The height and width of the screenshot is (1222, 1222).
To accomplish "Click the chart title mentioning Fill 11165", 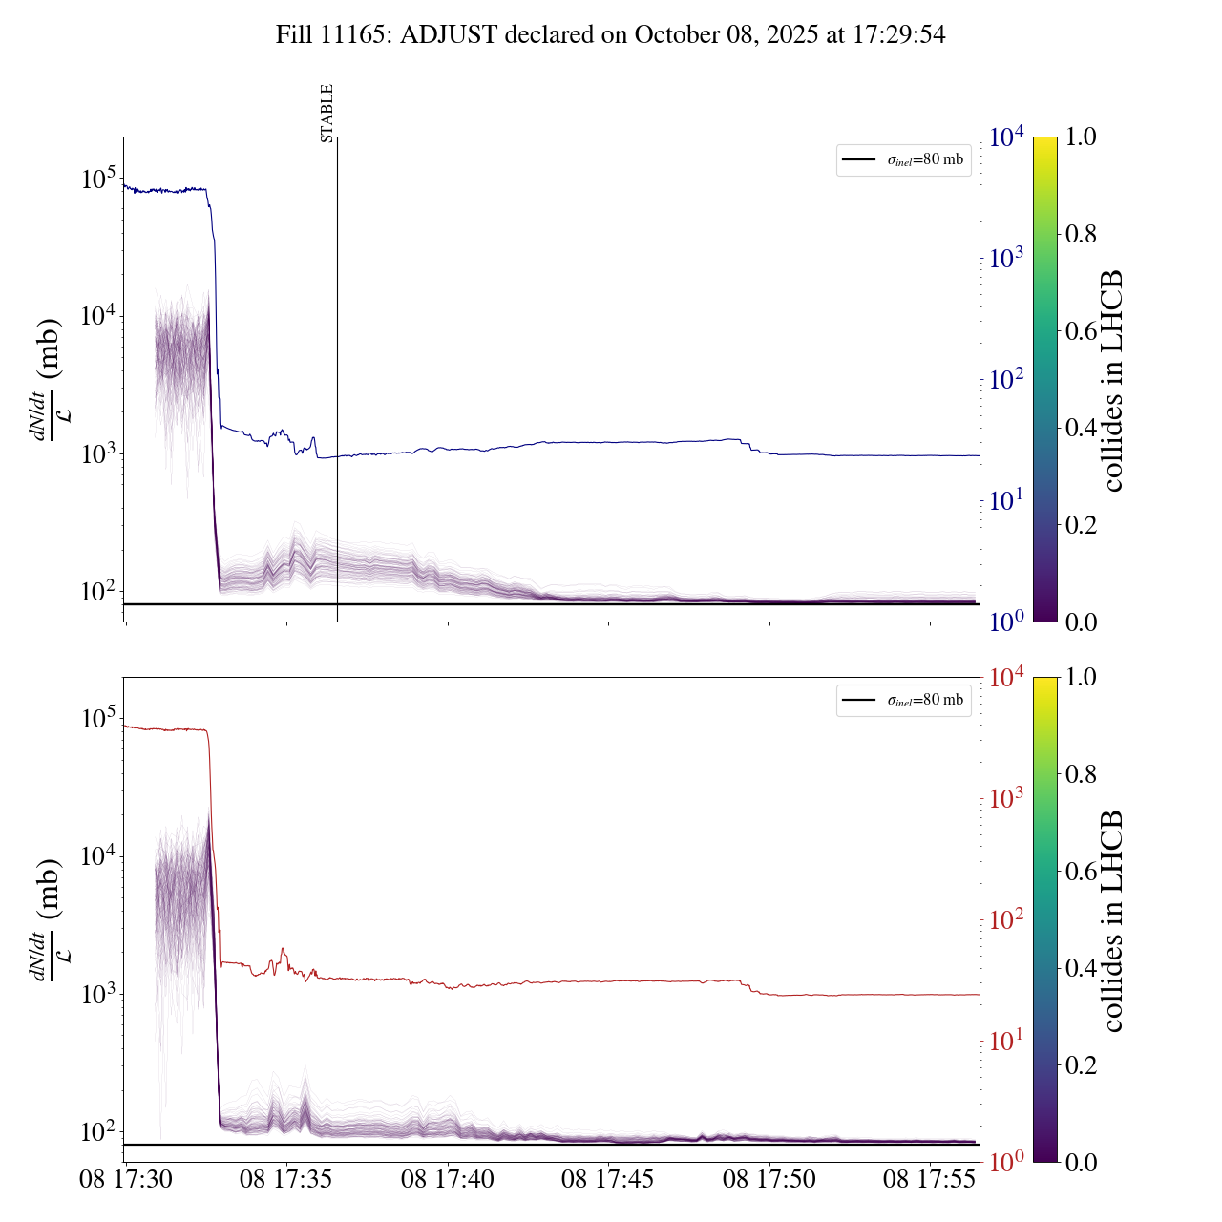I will tap(611, 35).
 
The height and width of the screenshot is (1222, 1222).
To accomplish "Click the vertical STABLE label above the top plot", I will tap(327, 114).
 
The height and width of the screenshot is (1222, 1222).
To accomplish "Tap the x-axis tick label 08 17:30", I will tap(126, 1180).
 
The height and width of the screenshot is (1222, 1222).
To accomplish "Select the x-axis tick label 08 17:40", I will tap(448, 1180).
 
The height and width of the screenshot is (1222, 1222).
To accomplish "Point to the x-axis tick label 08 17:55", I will tap(930, 1180).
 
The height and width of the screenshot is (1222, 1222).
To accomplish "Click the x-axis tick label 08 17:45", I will tap(608, 1180).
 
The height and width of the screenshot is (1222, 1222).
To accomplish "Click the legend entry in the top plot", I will tap(903, 160).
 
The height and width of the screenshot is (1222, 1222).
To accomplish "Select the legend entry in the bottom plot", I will tap(903, 701).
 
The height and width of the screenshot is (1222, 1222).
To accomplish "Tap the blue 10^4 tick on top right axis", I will tap(1006, 137).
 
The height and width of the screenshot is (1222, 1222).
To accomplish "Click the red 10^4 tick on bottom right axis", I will tap(1006, 678).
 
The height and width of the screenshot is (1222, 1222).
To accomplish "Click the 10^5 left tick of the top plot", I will tap(98, 179).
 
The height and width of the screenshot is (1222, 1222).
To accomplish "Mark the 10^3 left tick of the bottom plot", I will tap(98, 994).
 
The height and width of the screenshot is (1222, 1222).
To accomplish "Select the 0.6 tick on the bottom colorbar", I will tap(1082, 871).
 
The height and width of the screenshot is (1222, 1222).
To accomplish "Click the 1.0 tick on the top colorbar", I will tap(1082, 137).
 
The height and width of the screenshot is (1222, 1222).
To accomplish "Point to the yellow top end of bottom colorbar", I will tap(1045, 683).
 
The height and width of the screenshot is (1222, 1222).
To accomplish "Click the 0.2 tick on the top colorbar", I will tap(1082, 524).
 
